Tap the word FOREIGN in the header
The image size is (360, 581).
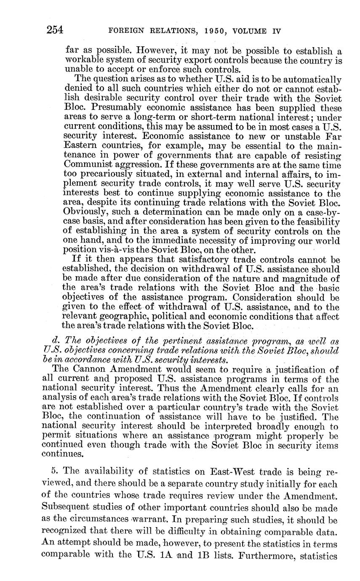coord(125,31)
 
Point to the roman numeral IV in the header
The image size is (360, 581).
coord(275,31)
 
